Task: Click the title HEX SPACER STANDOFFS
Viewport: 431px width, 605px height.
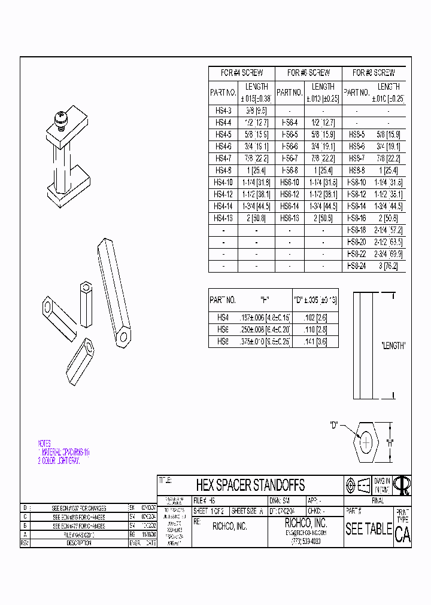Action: (250, 484)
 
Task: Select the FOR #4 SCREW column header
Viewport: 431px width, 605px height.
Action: (242, 73)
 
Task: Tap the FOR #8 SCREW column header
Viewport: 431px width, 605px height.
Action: (374, 73)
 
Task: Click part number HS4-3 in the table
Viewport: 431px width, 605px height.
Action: (223, 111)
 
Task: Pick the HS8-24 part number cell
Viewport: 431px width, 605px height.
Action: (356, 265)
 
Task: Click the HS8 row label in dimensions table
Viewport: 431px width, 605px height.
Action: (223, 342)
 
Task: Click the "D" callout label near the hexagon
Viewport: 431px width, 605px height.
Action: (335, 425)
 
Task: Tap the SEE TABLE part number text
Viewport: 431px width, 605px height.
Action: (368, 529)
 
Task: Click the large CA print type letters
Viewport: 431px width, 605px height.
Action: (403, 535)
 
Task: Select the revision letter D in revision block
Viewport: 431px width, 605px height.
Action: (25, 507)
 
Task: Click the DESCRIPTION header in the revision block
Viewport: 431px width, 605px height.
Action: (78, 543)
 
